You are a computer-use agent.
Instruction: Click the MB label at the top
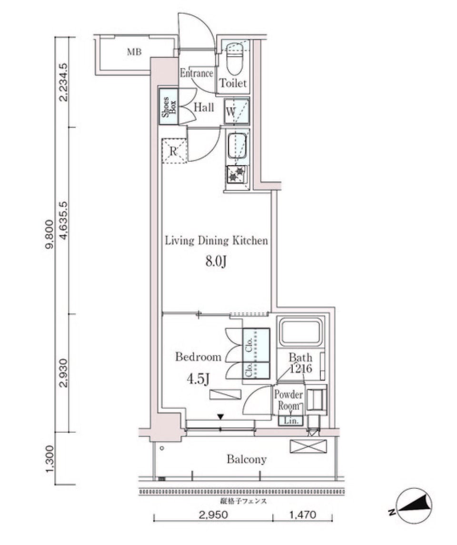click(x=134, y=52)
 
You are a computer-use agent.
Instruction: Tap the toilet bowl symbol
click(x=234, y=57)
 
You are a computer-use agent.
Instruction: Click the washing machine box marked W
click(x=237, y=111)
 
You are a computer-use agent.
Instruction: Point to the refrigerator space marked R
click(x=174, y=151)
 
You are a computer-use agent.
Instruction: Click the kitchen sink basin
click(x=237, y=145)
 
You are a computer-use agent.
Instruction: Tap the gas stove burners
click(x=237, y=175)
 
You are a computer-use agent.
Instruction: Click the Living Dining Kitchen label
click(x=216, y=240)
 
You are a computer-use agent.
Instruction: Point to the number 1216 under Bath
click(x=300, y=368)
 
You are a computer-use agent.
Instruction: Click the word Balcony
click(x=246, y=459)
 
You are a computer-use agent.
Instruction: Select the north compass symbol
click(x=415, y=505)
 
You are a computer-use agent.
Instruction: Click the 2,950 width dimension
click(x=210, y=515)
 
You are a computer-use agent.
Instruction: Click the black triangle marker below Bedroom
click(x=220, y=417)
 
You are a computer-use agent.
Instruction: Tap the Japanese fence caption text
click(x=243, y=501)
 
